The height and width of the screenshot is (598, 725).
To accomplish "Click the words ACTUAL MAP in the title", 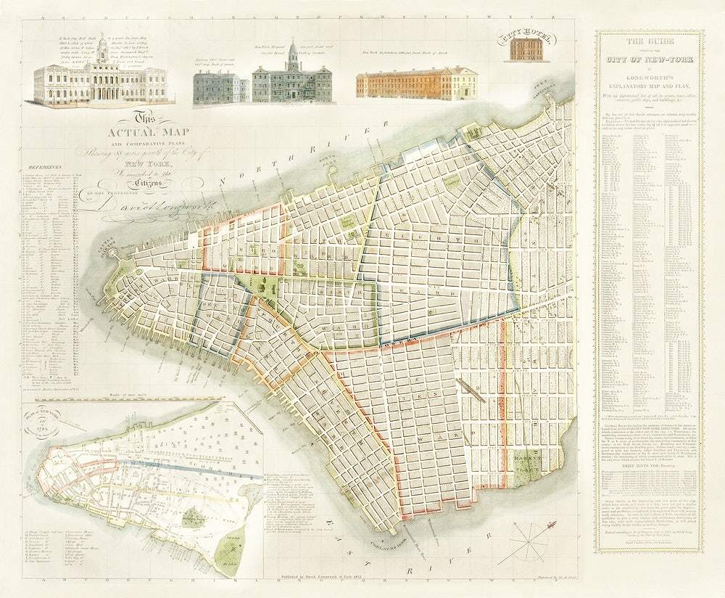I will [x=138, y=132].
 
